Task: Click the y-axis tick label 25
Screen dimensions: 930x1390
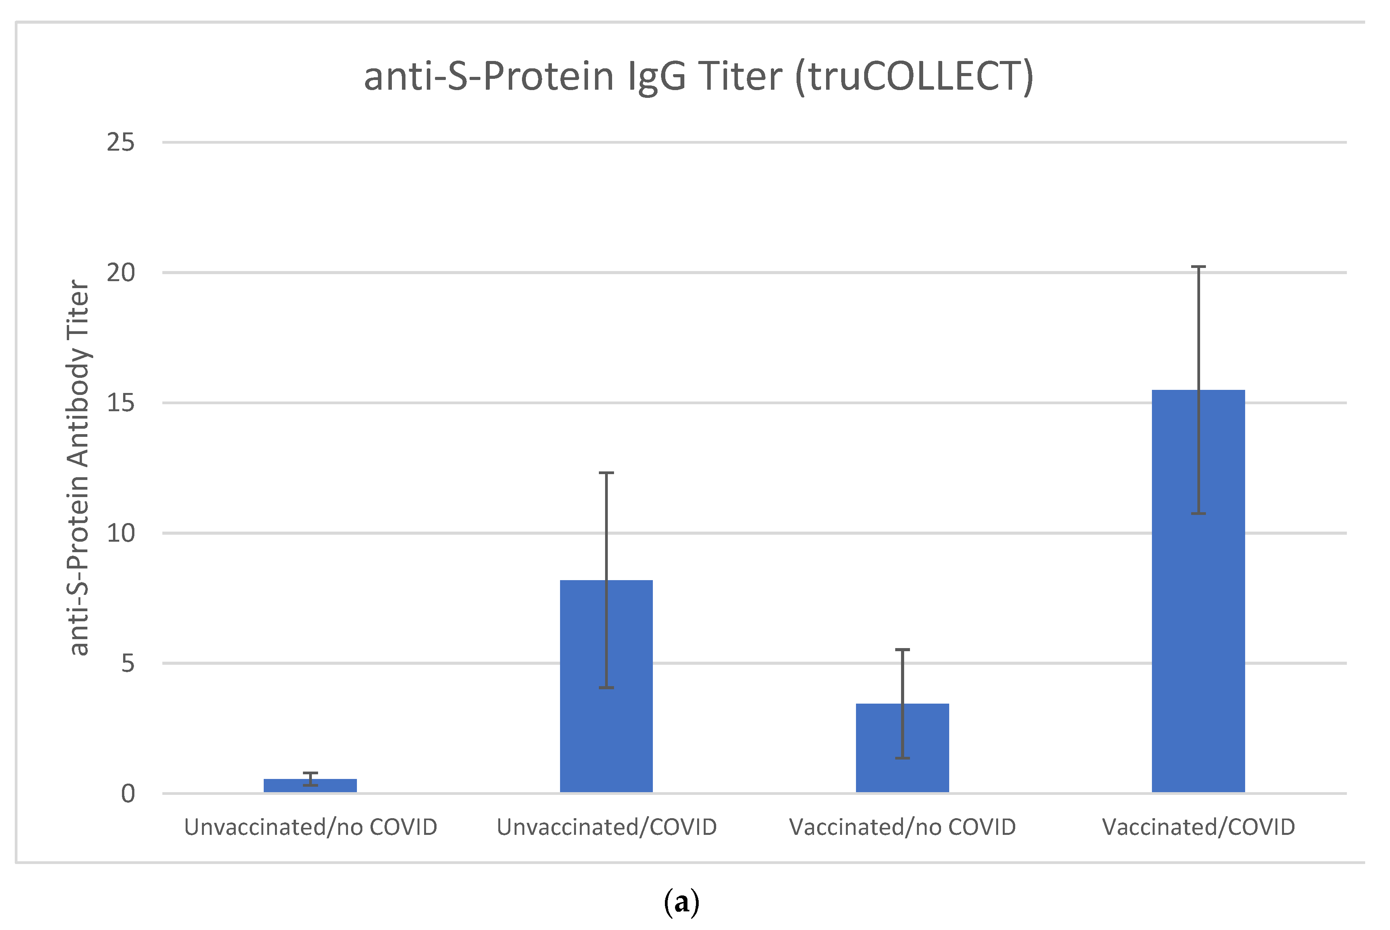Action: click(x=120, y=143)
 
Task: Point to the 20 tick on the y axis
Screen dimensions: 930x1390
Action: click(x=120, y=273)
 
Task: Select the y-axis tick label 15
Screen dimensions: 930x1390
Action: click(x=120, y=403)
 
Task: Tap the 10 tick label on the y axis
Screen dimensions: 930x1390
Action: click(x=120, y=533)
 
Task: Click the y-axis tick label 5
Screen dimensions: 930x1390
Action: click(x=127, y=663)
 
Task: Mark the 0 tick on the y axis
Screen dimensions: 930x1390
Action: click(x=127, y=794)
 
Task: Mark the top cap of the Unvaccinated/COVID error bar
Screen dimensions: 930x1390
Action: click(x=606, y=473)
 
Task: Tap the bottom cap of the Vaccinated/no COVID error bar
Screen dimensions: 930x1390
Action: click(x=902, y=758)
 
